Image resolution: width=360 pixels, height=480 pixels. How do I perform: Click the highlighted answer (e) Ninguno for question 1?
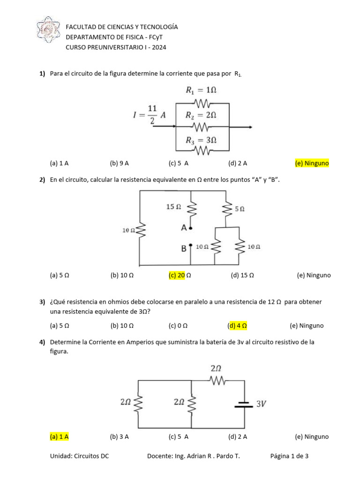(x=312, y=163)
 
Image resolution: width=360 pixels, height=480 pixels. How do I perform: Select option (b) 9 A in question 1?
(x=119, y=163)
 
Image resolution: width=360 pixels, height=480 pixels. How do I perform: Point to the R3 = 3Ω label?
(x=201, y=140)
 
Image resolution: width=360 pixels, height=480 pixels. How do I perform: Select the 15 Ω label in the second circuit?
(x=173, y=206)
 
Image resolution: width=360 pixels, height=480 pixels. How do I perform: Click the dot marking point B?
(x=190, y=245)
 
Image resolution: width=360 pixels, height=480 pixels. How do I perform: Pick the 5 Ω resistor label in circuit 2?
(x=240, y=210)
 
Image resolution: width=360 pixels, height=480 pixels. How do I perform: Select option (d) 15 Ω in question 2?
(x=242, y=275)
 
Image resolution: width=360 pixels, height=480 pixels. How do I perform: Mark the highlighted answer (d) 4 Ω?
(x=237, y=325)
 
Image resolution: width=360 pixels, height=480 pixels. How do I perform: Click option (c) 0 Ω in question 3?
(x=178, y=325)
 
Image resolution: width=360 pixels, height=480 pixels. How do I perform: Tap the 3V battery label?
(x=261, y=404)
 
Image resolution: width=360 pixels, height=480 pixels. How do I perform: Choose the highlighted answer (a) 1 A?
(x=59, y=436)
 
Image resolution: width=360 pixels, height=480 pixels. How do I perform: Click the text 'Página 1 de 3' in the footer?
(x=289, y=456)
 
